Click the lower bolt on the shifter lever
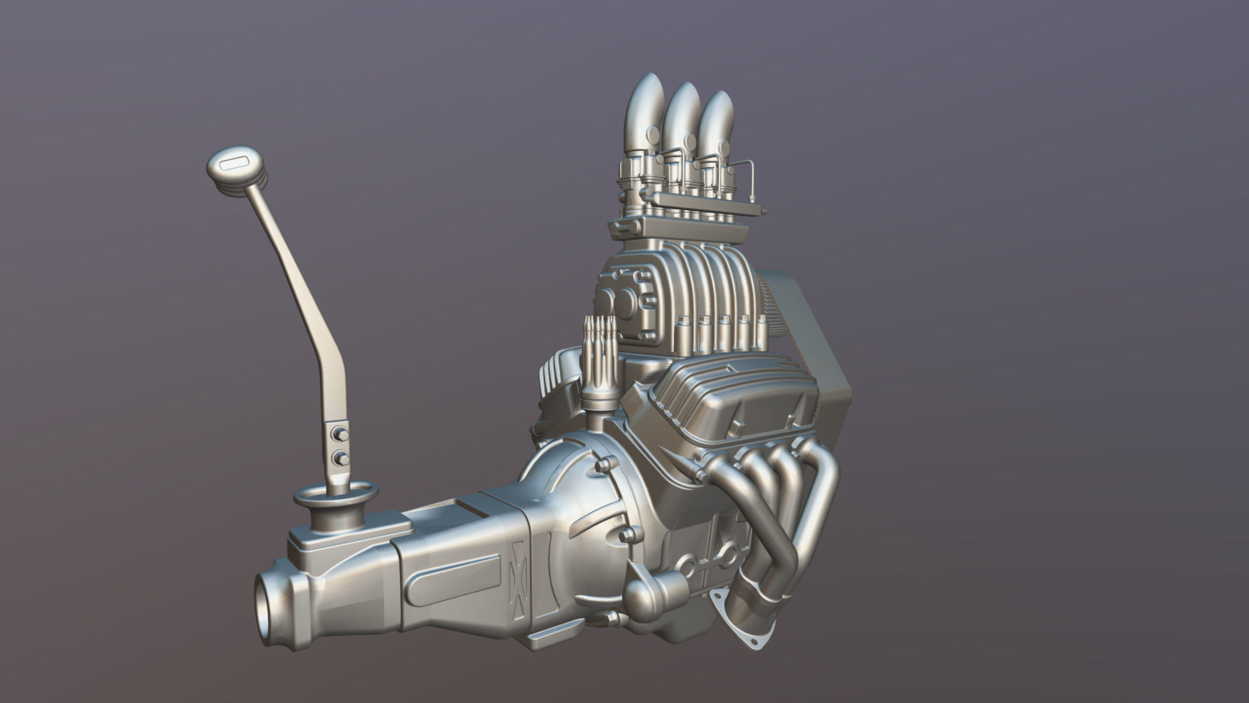(339, 459)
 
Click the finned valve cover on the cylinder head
(735, 397)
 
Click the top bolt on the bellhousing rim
(602, 465)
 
